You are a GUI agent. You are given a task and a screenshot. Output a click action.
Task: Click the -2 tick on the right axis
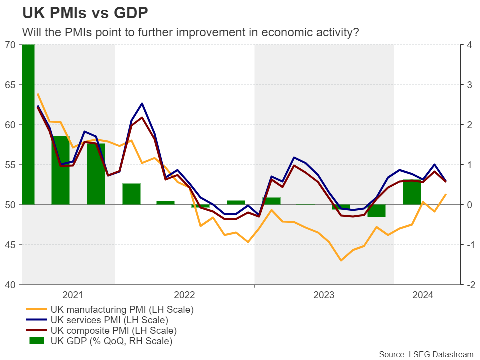(469, 285)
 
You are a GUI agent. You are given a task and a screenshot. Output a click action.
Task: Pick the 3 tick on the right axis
(468, 85)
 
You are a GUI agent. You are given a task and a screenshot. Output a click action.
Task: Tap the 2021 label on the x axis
(73, 295)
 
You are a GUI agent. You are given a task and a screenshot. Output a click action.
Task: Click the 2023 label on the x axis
(323, 295)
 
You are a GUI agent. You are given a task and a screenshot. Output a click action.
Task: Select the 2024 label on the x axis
(422, 295)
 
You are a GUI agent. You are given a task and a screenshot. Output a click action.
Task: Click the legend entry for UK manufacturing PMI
(121, 309)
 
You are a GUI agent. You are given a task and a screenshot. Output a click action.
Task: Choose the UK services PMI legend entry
(109, 320)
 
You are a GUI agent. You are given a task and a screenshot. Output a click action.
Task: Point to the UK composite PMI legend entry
(113, 331)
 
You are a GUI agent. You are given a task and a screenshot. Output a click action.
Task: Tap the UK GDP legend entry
(111, 342)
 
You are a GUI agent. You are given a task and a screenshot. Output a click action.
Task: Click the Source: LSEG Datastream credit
(426, 354)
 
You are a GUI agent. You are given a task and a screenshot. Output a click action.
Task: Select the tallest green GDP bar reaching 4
(28, 125)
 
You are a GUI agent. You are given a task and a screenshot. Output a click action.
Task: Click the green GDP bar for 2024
(412, 192)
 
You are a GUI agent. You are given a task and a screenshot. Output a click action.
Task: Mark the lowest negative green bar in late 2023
(376, 210)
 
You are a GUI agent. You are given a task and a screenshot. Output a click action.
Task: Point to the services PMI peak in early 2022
(142, 104)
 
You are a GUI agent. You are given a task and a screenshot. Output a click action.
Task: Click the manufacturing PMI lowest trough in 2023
(341, 260)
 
